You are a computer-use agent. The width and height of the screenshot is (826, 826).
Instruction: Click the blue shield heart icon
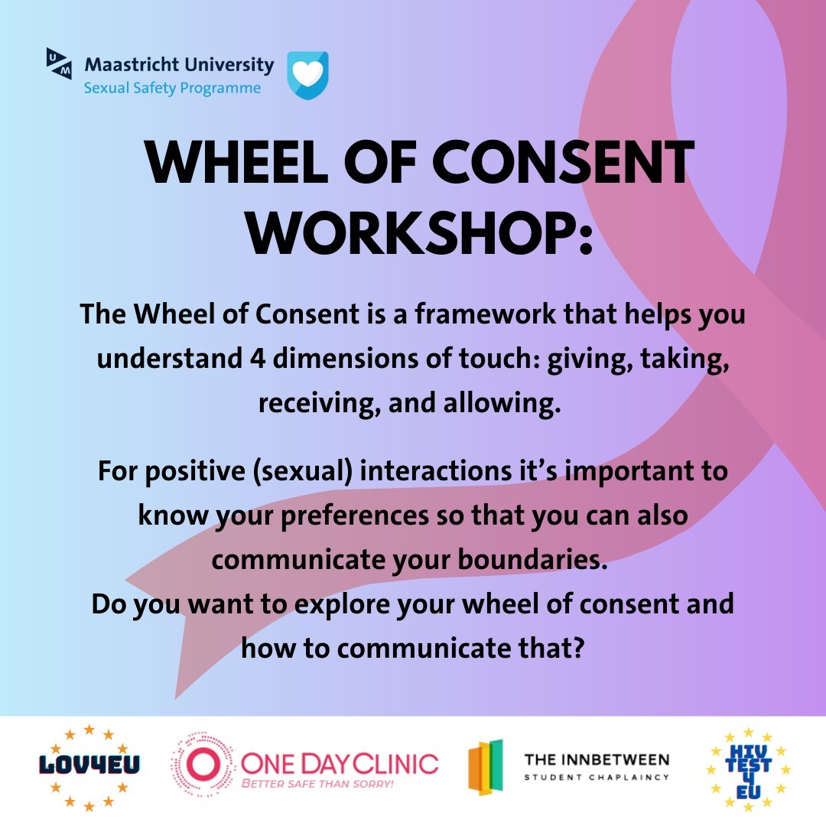[307, 75]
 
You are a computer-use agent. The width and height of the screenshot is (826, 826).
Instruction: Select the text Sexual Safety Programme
[172, 89]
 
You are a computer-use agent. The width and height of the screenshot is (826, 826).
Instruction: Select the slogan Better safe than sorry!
[317, 784]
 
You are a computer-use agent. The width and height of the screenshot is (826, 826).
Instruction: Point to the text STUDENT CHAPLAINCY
[596, 778]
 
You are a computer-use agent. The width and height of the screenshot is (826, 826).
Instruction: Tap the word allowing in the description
[498, 403]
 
